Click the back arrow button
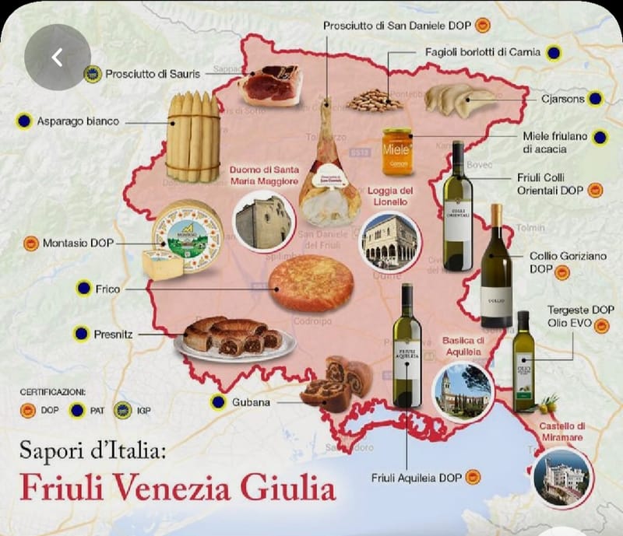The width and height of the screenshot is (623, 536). [57, 57]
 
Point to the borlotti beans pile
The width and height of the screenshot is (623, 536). [375, 100]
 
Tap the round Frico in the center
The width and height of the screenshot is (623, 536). [311, 283]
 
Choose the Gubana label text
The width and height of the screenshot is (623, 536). [251, 402]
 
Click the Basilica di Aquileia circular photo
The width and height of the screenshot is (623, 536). [463, 391]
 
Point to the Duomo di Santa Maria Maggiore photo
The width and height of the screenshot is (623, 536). [264, 222]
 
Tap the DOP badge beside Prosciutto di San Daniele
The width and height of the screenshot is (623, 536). [483, 26]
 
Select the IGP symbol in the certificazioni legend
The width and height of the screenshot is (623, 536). [122, 410]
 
